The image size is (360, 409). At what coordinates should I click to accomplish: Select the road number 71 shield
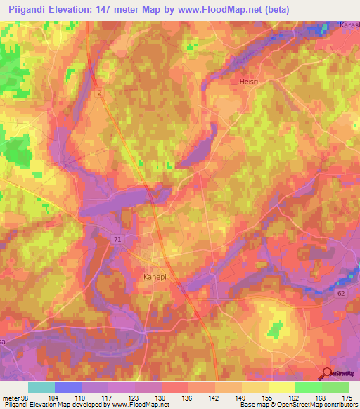coord(117,240)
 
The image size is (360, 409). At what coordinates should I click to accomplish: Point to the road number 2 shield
coord(101,92)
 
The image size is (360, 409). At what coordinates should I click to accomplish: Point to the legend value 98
coord(25,398)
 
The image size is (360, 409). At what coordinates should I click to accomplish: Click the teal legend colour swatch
coord(41,387)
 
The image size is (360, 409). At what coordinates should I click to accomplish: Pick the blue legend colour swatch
coord(68,387)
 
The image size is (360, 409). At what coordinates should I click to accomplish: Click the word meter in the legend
coord(11,398)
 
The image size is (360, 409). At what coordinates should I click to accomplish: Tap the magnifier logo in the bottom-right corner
coord(326,374)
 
